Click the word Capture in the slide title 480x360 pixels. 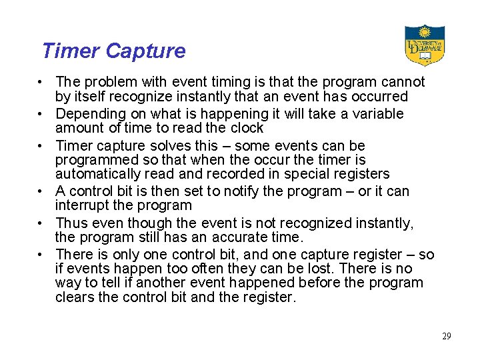point(145,51)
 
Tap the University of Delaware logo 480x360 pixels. point(424,45)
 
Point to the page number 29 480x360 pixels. point(446,336)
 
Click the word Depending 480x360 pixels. point(89,113)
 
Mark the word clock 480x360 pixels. point(246,128)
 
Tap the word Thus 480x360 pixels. point(72,223)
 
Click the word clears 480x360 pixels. point(75,298)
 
